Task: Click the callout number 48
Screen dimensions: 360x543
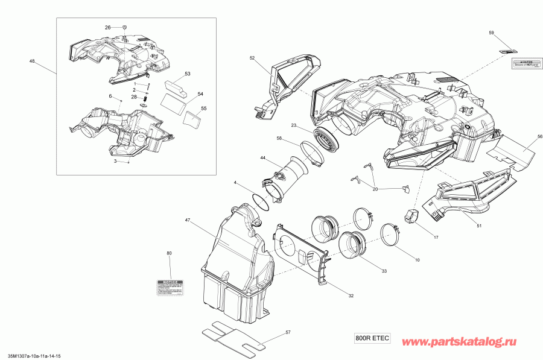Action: pos(31,61)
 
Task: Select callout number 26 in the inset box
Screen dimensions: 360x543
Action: pos(108,28)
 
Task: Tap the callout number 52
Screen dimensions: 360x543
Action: pos(252,58)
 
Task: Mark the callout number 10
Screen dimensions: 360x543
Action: pos(416,259)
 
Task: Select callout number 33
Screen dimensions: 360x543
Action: pos(384,271)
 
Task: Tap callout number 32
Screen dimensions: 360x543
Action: pos(351,296)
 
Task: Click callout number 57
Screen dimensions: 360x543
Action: pos(288,332)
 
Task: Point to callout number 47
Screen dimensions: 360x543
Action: pos(188,221)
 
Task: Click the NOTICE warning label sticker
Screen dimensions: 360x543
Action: pos(170,287)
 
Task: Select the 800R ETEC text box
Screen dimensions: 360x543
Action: pos(372,339)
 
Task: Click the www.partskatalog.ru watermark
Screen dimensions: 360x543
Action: pos(467,342)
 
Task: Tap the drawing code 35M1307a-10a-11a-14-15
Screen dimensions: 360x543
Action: pos(34,356)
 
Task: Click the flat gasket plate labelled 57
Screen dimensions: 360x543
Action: pos(232,338)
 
